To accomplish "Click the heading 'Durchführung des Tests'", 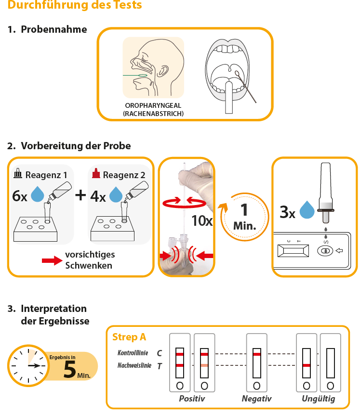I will click(x=75, y=6).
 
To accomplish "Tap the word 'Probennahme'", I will click(x=54, y=29).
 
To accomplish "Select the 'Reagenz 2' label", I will click(x=124, y=175).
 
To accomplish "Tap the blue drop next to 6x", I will click(x=38, y=194).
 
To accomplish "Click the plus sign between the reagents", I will click(x=80, y=194).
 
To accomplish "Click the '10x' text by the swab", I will click(x=202, y=221).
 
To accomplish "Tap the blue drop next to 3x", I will click(x=307, y=211).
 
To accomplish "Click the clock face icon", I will click(x=28, y=365).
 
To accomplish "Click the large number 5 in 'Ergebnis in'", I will click(x=70, y=369).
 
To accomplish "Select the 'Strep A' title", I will click(x=129, y=337).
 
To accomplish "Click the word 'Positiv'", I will click(x=192, y=399).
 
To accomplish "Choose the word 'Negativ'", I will click(x=256, y=399).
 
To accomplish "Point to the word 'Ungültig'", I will click(x=318, y=399).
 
